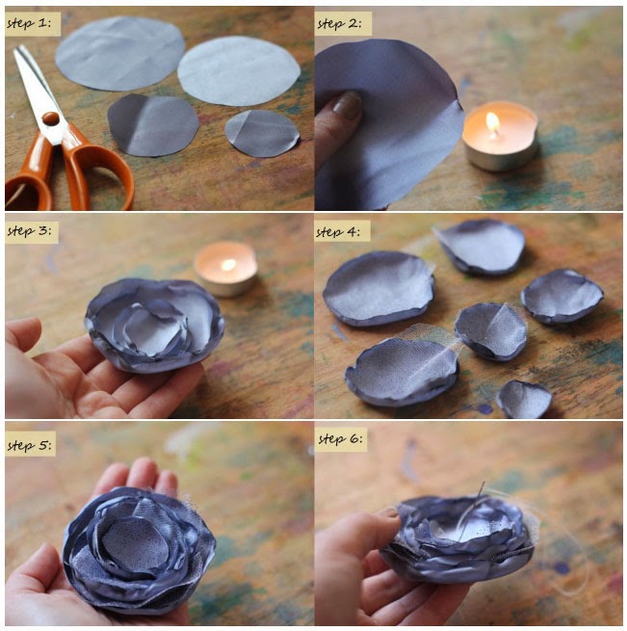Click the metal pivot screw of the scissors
pyautogui.click(x=49, y=118)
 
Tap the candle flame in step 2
pyautogui.click(x=493, y=122)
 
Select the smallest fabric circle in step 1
pyautogui.click(x=262, y=133)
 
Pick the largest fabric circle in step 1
pyautogui.click(x=119, y=52)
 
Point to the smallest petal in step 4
pyautogui.click(x=525, y=400)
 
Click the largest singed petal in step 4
pyautogui.click(x=379, y=287)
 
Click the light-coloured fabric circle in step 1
pyautogui.click(x=239, y=70)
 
